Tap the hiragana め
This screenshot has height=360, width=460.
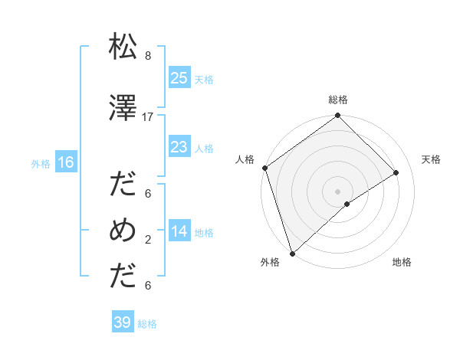click(123, 231)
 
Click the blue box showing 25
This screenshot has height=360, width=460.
click(179, 78)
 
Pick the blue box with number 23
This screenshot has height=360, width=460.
click(179, 148)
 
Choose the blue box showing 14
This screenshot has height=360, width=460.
click(179, 232)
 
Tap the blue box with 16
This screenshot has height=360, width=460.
click(66, 162)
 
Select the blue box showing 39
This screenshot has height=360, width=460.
click(123, 322)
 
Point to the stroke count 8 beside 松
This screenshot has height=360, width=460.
click(147, 56)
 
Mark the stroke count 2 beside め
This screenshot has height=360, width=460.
click(147, 240)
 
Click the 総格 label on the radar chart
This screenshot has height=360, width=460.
click(338, 100)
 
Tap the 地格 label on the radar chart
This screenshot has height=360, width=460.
click(402, 263)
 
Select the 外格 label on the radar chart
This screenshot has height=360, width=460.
click(270, 263)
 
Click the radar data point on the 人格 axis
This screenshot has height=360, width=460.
click(264, 168)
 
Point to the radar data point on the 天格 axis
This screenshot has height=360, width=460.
click(396, 172)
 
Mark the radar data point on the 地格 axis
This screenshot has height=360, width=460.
click(347, 204)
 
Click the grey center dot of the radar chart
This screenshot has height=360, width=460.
click(337, 191)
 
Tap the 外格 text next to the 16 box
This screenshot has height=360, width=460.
click(41, 163)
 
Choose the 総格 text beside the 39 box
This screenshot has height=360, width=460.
click(147, 324)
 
